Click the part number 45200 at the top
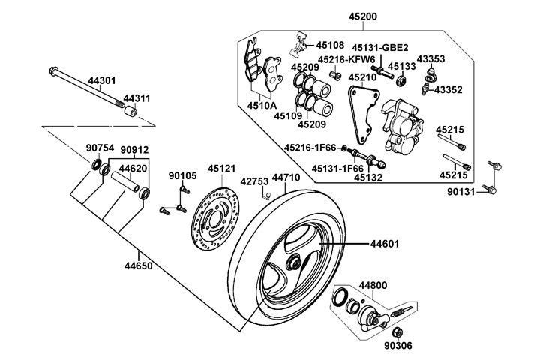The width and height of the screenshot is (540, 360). [363, 16]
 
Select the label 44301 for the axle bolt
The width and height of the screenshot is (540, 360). [102, 80]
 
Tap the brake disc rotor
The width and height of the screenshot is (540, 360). [215, 219]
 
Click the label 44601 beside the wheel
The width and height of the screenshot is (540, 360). [385, 244]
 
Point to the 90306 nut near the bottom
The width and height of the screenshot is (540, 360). [397, 332]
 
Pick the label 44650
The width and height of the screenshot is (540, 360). [139, 266]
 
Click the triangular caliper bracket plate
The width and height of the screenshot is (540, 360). [363, 114]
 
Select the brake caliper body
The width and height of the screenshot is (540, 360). [402, 126]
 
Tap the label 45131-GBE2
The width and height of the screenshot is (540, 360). [379, 48]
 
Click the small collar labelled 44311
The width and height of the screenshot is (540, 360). [130, 111]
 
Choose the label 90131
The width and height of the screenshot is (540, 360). [460, 191]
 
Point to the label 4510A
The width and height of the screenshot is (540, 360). [262, 105]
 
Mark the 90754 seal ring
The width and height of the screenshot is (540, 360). [97, 164]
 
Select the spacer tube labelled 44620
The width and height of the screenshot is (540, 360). [125, 181]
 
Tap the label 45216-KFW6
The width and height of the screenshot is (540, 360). [346, 59]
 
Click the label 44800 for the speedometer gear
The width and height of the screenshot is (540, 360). [373, 286]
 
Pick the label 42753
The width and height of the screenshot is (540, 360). [254, 181]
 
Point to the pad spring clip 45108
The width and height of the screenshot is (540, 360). [299, 43]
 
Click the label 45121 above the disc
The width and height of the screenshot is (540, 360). [221, 169]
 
